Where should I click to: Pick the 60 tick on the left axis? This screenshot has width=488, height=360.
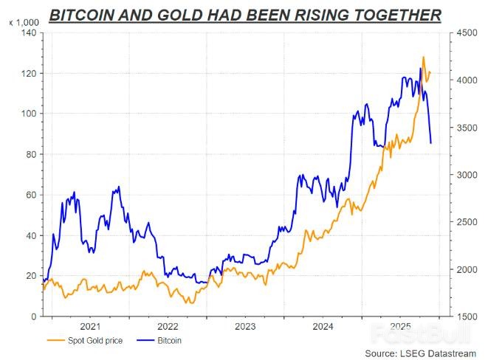30,195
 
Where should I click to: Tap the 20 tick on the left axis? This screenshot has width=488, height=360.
30,275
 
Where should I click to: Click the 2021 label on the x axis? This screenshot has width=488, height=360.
89,326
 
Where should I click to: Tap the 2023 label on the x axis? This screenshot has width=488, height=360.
245,326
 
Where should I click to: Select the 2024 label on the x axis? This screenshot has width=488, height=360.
323,326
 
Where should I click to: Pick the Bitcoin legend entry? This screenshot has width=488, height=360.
168,340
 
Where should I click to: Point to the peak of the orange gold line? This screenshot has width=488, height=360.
423,57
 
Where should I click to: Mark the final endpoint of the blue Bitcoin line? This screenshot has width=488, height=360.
431,142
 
